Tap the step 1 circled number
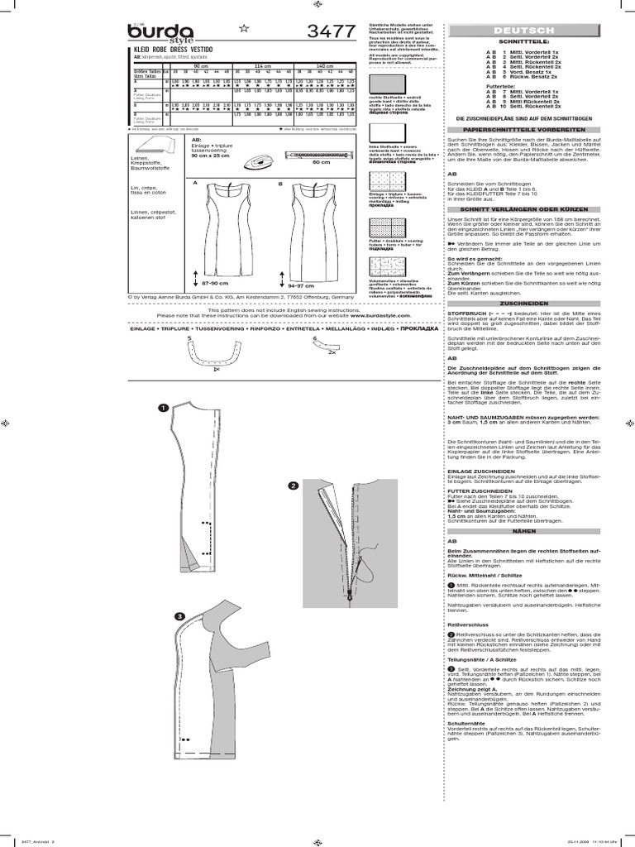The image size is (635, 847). pyautogui.click(x=164, y=407)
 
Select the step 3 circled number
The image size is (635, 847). pyautogui.click(x=179, y=616)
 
